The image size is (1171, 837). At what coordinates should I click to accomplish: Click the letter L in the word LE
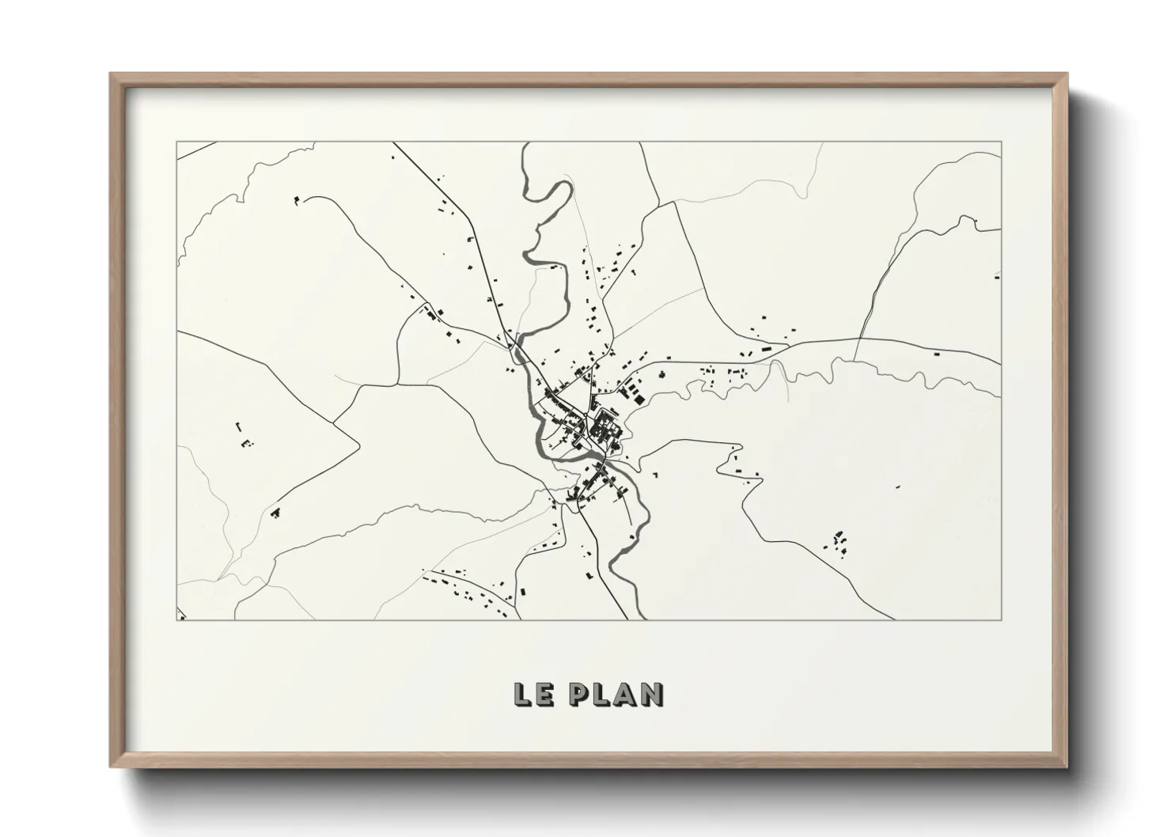click(x=521, y=694)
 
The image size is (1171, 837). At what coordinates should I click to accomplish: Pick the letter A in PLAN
click(x=627, y=694)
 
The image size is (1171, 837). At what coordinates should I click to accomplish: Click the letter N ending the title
click(x=653, y=694)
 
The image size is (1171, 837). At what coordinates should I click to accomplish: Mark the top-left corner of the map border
click(x=176, y=142)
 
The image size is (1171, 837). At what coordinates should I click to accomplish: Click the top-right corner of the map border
click(x=1002, y=142)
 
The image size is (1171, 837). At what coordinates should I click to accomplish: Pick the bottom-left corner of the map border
click(x=176, y=620)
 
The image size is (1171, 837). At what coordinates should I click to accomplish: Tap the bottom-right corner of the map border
click(x=1002, y=620)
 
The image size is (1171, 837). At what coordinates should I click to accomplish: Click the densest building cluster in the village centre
click(x=604, y=427)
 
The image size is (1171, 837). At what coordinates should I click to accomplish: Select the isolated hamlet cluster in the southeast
click(x=839, y=541)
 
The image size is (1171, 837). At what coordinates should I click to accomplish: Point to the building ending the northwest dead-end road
click(x=297, y=200)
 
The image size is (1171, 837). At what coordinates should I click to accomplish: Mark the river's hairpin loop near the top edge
click(x=554, y=194)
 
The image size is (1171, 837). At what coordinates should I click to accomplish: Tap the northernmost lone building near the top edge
click(x=392, y=157)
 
